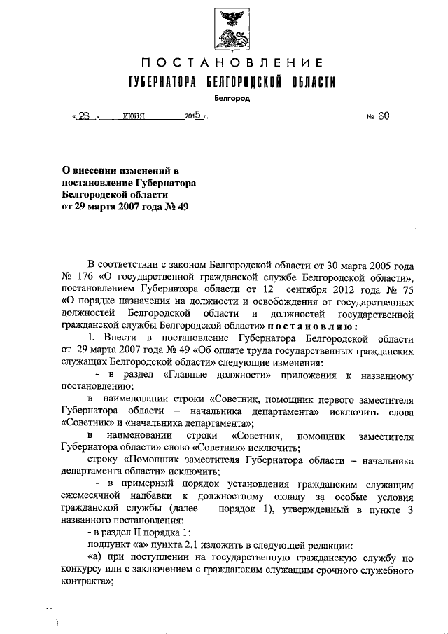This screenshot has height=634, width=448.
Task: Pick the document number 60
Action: tap(383, 117)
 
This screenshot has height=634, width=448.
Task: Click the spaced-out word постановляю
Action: tap(314, 325)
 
